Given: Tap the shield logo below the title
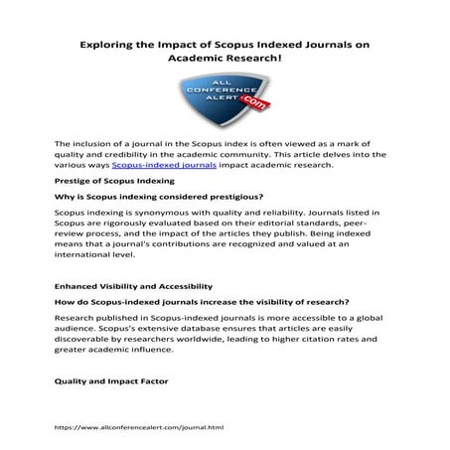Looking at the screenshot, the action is [224, 99].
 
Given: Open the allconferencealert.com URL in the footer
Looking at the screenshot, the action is [139, 425].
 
